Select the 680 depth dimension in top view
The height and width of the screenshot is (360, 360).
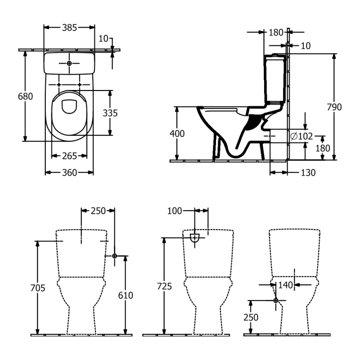click(x=25, y=97)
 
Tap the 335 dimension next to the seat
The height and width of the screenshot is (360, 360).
click(x=110, y=113)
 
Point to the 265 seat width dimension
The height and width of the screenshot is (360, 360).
click(x=69, y=156)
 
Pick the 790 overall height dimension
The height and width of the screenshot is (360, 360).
click(x=334, y=107)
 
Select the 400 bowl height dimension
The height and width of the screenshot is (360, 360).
click(x=176, y=134)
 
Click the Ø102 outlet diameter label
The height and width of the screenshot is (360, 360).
click(x=301, y=136)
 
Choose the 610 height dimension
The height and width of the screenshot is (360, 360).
click(x=126, y=296)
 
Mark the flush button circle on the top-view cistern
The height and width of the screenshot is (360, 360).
click(x=69, y=64)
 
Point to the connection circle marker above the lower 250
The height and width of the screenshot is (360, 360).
click(x=276, y=300)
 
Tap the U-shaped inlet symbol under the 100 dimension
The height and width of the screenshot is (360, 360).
click(x=194, y=238)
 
